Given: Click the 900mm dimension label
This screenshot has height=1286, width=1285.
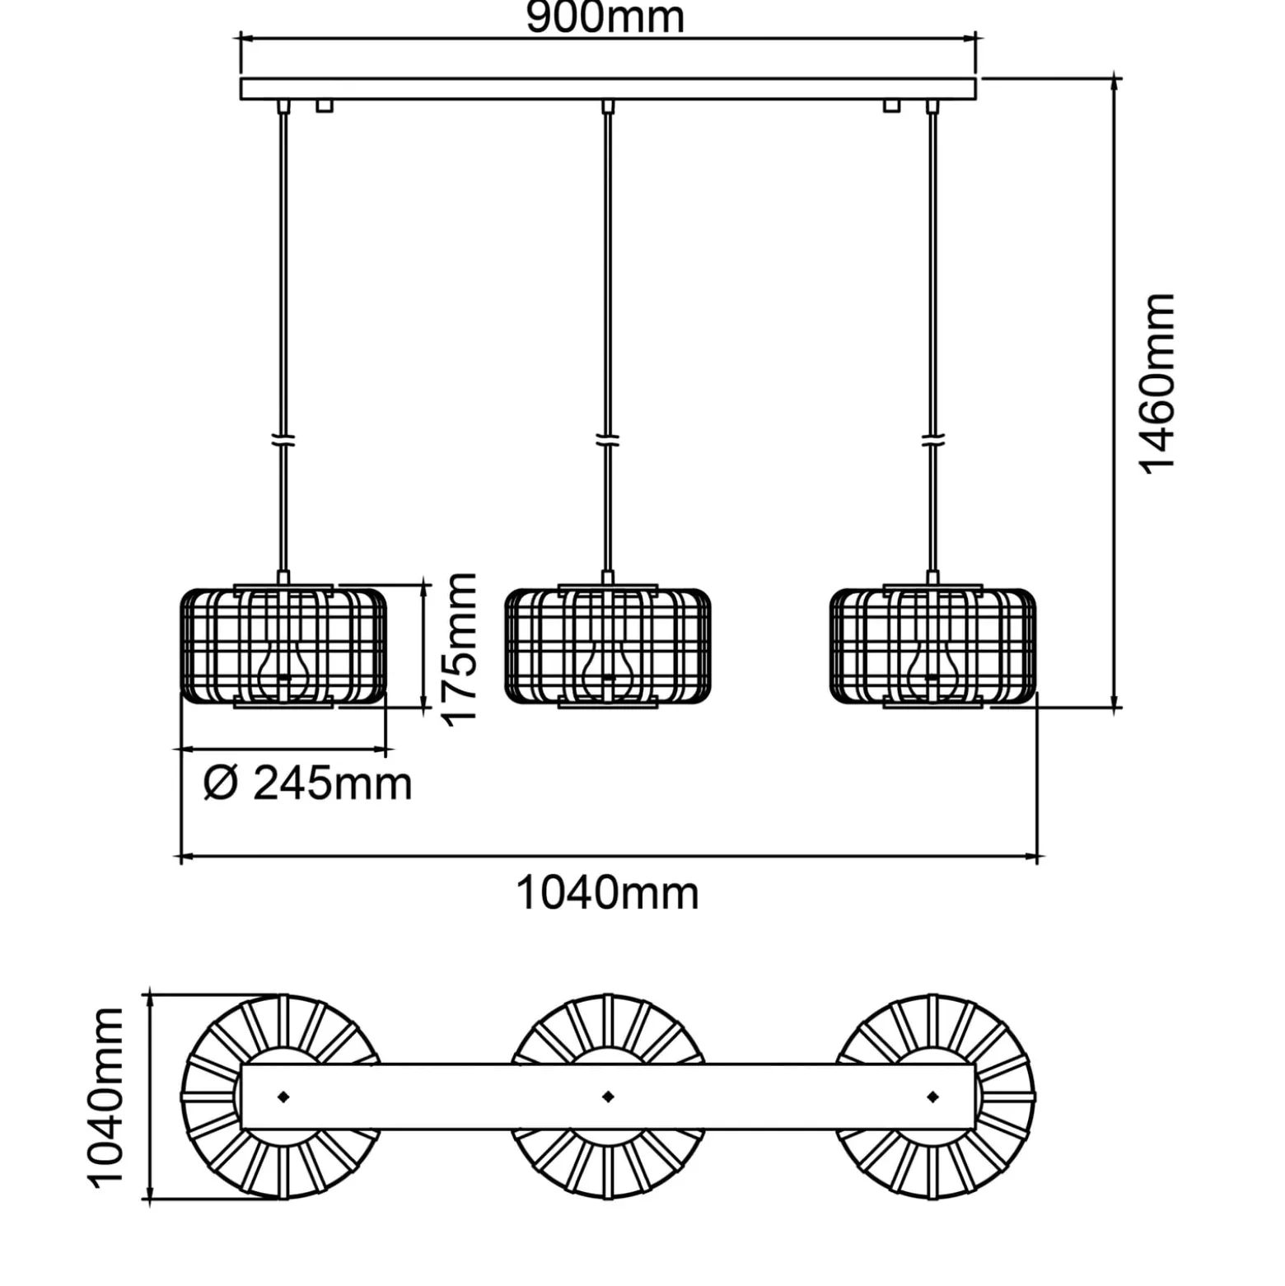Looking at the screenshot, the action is [x=605, y=18].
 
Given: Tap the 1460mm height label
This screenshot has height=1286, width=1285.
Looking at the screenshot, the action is [x=1157, y=383].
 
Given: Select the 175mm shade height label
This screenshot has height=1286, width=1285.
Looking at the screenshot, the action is [x=460, y=649].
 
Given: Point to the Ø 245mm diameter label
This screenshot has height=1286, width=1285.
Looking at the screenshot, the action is [x=308, y=783].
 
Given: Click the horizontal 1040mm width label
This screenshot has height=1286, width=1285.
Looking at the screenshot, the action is [x=607, y=893].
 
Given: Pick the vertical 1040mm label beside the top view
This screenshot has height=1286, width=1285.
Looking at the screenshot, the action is [x=106, y=1097].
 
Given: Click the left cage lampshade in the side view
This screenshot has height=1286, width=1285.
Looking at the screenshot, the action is [x=283, y=646].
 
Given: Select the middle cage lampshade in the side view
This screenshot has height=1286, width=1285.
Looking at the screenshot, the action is [x=608, y=646].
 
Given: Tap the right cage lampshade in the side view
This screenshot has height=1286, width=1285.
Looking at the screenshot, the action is [x=932, y=646].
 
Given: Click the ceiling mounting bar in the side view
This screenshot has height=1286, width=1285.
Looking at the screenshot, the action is [x=608, y=88].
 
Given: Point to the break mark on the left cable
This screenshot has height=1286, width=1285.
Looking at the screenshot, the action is [x=283, y=441].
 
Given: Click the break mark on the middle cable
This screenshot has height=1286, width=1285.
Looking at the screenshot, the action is [x=608, y=441].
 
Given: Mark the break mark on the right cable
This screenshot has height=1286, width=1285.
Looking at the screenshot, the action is [x=933, y=441].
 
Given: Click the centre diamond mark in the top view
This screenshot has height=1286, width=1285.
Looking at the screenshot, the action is [x=608, y=1097].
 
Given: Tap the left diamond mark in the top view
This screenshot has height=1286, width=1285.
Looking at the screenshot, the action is [x=283, y=1097].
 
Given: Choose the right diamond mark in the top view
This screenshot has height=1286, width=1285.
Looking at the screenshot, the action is [x=932, y=1097].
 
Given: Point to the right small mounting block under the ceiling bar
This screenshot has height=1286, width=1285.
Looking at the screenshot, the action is [x=891, y=105].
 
